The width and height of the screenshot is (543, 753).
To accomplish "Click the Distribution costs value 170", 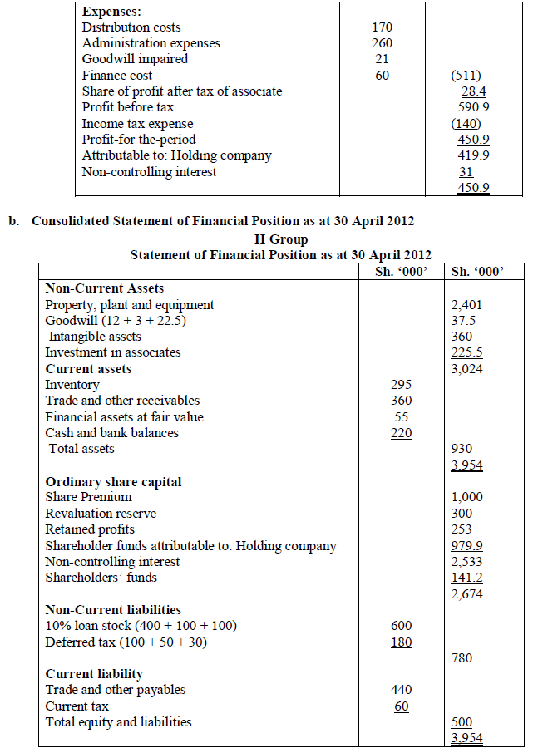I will [x=381, y=27].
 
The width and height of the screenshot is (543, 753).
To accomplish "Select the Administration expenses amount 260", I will [x=381, y=43].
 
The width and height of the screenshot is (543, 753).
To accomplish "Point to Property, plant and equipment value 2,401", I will [x=466, y=305].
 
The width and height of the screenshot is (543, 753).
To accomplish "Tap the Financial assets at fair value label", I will [x=124, y=417].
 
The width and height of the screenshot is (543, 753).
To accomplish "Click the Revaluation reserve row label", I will [x=101, y=514].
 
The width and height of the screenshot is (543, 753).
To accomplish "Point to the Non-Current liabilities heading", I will [x=113, y=610].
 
